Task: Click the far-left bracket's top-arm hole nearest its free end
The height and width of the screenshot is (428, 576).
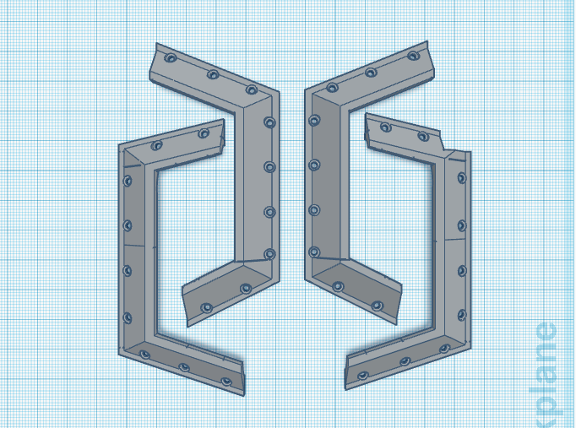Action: [x=203, y=133]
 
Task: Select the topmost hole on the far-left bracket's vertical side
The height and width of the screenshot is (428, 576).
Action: [x=128, y=181]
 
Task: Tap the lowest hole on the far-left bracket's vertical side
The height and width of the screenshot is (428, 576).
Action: [x=128, y=317]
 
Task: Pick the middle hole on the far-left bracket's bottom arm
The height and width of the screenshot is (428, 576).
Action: [x=184, y=368]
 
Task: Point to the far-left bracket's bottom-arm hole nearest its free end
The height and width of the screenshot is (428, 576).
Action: [x=226, y=382]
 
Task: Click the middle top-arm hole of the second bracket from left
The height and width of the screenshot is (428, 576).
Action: [x=211, y=75]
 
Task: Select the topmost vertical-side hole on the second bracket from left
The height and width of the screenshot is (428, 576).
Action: [x=269, y=122]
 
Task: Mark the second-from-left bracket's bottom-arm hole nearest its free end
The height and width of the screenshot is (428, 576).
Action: [x=205, y=306]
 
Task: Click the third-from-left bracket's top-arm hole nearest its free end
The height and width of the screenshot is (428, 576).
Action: [x=413, y=57]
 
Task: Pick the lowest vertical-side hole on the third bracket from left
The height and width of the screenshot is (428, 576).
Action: [x=314, y=252]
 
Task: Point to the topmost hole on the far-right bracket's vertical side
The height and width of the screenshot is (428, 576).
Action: [x=461, y=178]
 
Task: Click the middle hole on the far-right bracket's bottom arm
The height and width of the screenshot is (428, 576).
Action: [x=405, y=361]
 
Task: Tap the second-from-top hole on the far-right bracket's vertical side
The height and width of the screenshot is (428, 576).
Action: [x=461, y=225]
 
